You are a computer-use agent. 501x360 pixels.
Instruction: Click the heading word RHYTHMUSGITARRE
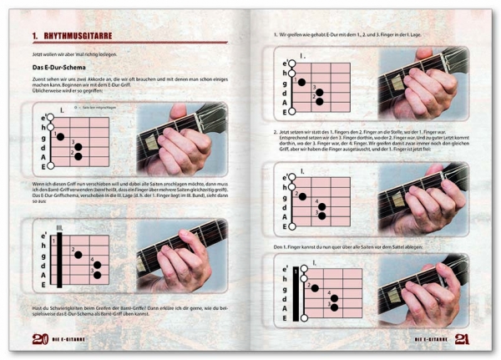82,35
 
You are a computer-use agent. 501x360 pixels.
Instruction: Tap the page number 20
38,338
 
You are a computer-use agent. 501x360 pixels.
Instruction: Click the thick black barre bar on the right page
296,292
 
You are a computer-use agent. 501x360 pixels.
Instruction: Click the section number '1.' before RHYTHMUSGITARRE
36,35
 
